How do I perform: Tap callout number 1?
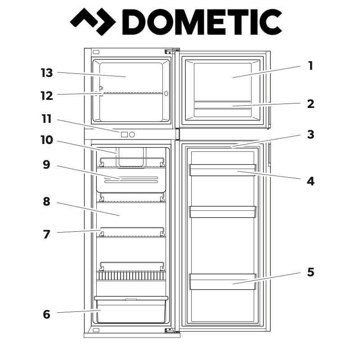click(x=310, y=66)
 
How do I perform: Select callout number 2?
click(x=310, y=104)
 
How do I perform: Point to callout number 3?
click(x=310, y=134)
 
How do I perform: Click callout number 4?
click(x=310, y=182)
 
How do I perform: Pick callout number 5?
click(x=310, y=272)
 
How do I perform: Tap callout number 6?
click(x=46, y=315)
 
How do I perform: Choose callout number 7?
click(x=46, y=234)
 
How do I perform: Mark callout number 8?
click(x=46, y=202)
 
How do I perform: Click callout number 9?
click(x=46, y=165)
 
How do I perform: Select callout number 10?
click(x=46, y=140)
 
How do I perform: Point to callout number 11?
click(x=46, y=119)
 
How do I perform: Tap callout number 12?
click(x=46, y=96)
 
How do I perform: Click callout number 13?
click(x=46, y=72)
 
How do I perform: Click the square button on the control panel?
click(x=124, y=134)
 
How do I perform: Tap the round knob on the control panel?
click(x=132, y=134)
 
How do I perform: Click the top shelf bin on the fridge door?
click(x=223, y=170)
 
